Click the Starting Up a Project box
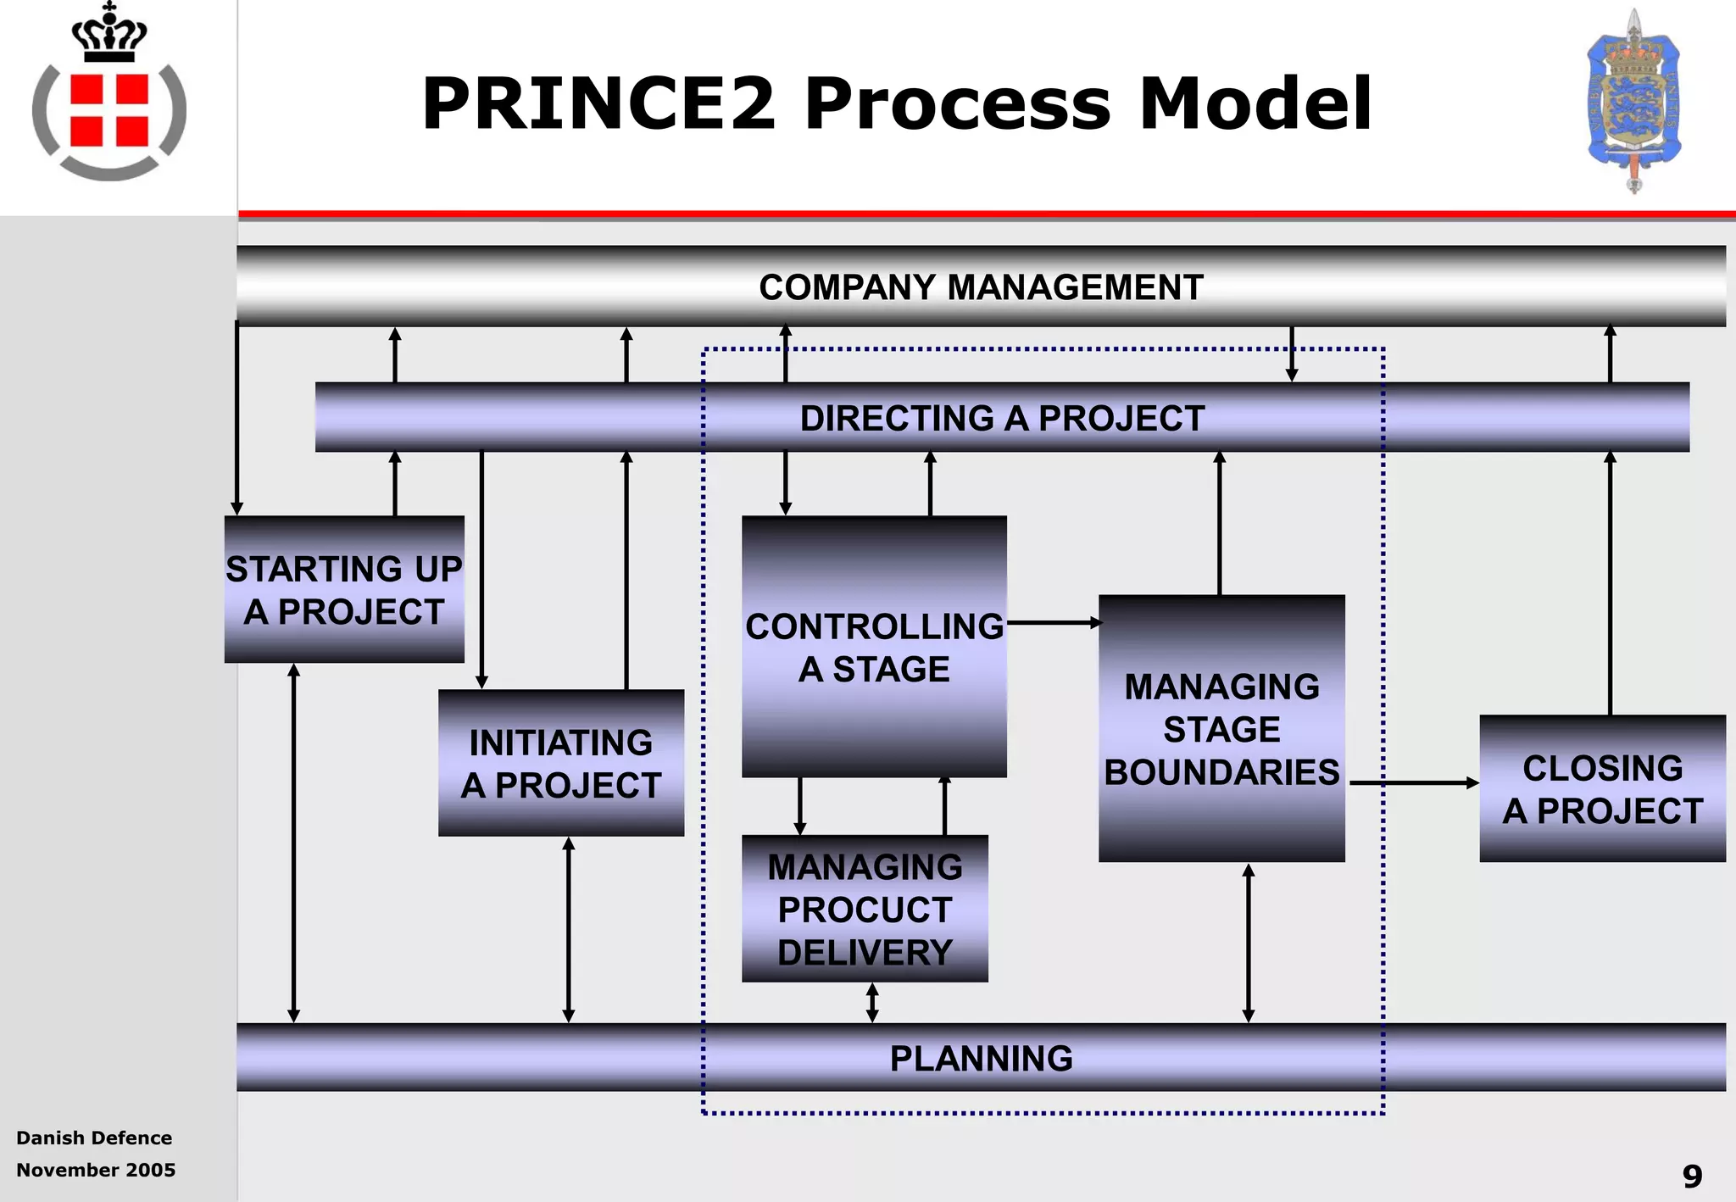point(344,589)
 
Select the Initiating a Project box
point(560,763)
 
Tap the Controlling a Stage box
point(874,647)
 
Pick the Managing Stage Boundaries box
point(1221,729)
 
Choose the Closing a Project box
point(1602,788)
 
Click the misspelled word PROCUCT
point(865,910)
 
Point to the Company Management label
point(981,287)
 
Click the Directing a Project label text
point(1002,418)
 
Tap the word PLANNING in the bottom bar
point(981,1058)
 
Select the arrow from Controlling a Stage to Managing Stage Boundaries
point(1053,623)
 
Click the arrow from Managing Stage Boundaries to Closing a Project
point(1413,783)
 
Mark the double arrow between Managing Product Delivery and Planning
point(872,1003)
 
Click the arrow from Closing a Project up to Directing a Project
point(1610,585)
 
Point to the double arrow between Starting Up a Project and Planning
point(293,843)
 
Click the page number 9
point(1692,1177)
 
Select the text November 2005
point(96,1170)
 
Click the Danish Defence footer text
point(94,1138)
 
